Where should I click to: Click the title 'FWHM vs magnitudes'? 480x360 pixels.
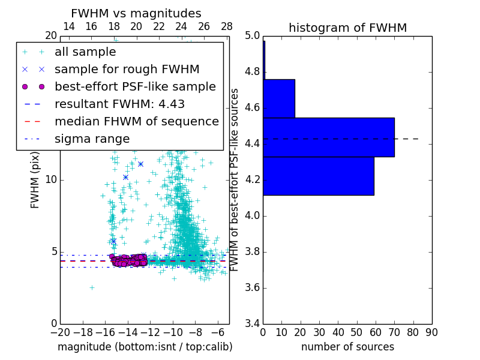(x=136, y=13)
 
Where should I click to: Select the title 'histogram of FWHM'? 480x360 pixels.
(x=347, y=28)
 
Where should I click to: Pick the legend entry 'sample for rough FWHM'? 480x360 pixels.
(x=127, y=69)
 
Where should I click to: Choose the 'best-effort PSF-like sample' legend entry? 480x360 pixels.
(x=135, y=86)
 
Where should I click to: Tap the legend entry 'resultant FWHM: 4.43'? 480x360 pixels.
(x=119, y=104)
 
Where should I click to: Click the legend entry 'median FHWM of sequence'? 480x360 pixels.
(x=136, y=121)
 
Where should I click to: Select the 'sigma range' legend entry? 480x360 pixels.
(x=92, y=139)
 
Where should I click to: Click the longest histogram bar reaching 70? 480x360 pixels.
(x=328, y=137)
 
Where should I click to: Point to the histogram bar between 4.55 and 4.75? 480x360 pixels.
(x=279, y=98)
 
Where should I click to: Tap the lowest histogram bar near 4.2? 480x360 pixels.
(x=318, y=176)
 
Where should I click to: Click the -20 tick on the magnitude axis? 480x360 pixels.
(x=59, y=332)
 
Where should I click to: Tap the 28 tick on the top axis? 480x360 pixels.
(x=227, y=26)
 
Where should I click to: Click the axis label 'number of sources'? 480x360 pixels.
(x=347, y=347)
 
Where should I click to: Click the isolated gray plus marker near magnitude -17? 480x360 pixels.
(x=92, y=287)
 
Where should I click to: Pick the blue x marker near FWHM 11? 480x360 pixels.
(x=140, y=164)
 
